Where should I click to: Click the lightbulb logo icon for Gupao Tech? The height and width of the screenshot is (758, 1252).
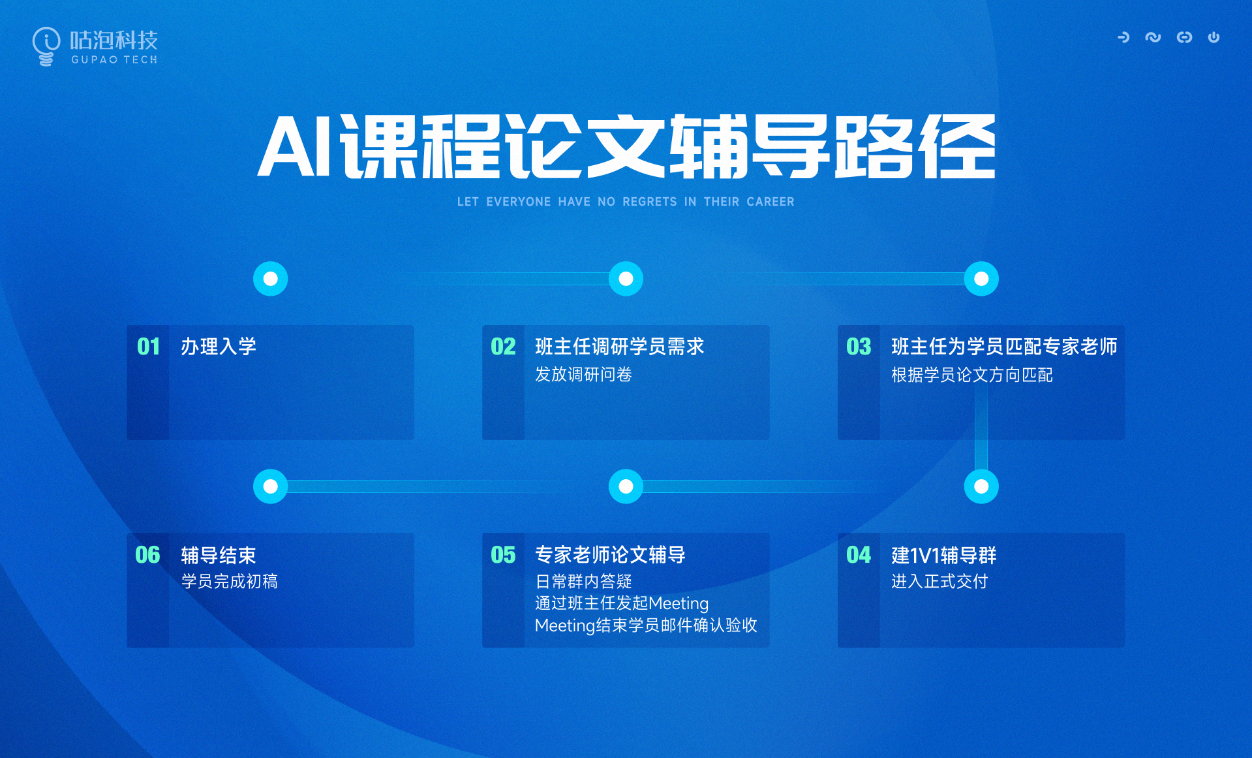46,46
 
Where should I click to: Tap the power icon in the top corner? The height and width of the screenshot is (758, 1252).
1214,37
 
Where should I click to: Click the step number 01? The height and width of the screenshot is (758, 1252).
149,347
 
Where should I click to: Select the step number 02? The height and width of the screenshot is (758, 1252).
503,347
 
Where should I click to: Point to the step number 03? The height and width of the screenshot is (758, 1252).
859,347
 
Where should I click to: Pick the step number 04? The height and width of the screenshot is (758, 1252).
859,555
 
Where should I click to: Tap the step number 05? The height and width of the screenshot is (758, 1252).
503,555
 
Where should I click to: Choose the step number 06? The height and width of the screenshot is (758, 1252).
147,555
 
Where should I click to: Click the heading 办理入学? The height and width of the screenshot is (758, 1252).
219,347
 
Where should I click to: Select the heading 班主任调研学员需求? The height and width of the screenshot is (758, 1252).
620,347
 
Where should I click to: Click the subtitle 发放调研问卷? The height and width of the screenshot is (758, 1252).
583,375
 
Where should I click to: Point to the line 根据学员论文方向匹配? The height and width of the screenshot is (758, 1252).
972,375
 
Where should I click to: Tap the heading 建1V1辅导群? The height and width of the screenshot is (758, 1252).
944,556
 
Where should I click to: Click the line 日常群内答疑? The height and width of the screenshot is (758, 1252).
583,581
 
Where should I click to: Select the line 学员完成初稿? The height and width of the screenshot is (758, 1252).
229,581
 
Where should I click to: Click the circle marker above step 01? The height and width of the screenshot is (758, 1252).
270,279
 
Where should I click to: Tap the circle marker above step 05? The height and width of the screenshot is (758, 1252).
626,486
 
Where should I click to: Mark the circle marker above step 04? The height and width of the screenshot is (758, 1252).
981,486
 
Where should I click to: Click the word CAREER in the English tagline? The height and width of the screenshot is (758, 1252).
771,202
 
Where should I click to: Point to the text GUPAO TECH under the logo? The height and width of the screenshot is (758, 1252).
114,59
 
